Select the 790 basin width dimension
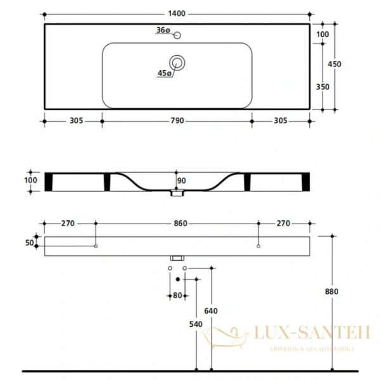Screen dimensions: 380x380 point(177,120)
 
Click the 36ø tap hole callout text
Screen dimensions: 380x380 point(163,30)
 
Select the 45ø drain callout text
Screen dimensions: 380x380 point(164,73)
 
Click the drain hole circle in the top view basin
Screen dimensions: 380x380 point(177,62)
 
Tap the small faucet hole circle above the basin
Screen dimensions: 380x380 point(177,35)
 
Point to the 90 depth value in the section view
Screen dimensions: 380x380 point(181,181)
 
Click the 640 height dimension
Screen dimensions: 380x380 point(210,311)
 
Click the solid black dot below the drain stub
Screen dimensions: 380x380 point(177,279)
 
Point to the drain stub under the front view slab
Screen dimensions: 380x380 point(177,258)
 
